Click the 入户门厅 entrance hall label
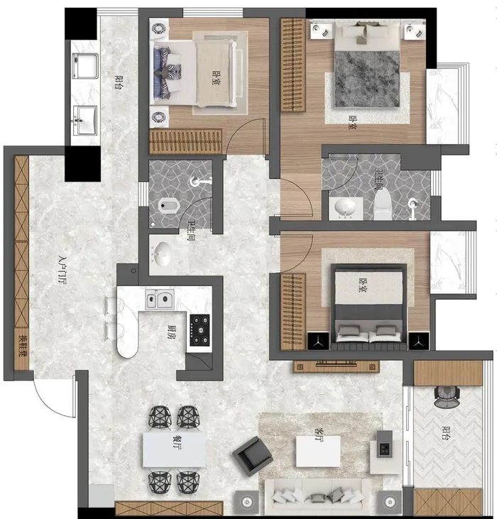tap(62, 269)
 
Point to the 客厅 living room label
tap(319, 435)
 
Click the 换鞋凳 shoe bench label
tap(23, 345)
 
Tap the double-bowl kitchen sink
tap(160, 299)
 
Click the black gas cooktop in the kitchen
tap(200, 330)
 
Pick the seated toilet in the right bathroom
tap(383, 204)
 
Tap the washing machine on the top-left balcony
tap(86, 66)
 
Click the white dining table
tap(174, 449)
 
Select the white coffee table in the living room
tap(318, 451)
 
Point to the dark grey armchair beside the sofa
tap(252, 456)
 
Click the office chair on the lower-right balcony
tap(447, 397)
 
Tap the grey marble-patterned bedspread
tap(367, 79)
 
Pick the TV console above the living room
tap(336, 366)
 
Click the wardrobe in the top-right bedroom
tap(293, 65)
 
